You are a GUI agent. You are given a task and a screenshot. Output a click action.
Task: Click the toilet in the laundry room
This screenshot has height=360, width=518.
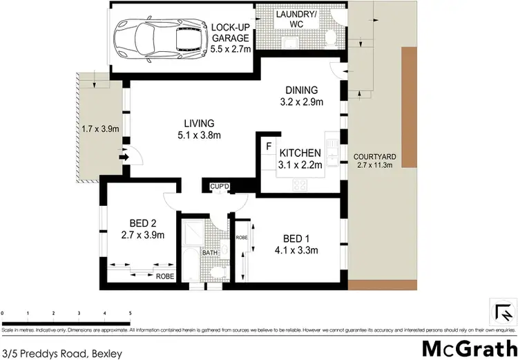pos(330,35)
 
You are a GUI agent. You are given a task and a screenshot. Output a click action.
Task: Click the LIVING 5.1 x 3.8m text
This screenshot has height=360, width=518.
pos(198,129)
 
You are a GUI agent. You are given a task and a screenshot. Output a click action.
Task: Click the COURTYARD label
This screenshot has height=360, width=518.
pos(375,157)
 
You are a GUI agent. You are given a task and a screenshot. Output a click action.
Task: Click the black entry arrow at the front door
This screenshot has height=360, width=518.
pos(124,157)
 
